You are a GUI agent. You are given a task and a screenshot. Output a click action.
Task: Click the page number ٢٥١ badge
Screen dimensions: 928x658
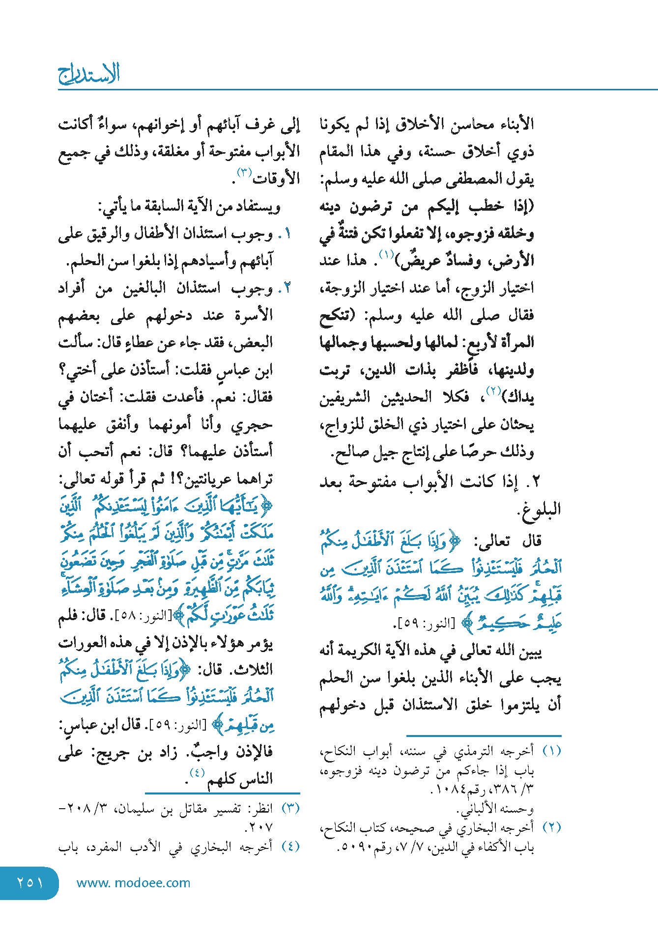[x=29, y=883]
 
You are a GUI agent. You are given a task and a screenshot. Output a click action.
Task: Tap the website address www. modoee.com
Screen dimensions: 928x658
[x=133, y=883]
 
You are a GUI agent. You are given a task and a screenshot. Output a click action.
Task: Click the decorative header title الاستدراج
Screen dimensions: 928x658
[x=89, y=74]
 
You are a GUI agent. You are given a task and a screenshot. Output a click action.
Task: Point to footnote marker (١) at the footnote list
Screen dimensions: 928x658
[x=551, y=751]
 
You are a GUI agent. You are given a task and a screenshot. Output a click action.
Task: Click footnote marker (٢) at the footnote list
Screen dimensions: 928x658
[x=551, y=827]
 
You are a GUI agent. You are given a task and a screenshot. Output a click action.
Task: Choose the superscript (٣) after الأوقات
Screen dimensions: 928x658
[x=245, y=173]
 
